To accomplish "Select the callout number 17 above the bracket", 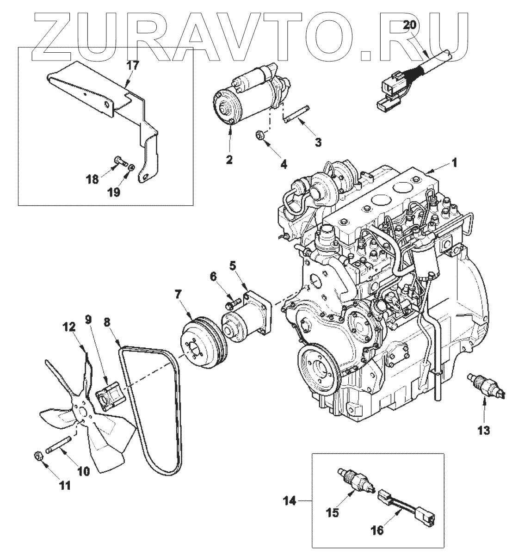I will coord(133,66).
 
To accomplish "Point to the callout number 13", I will coord(484,430).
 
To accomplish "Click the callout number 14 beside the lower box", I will coord(290,500).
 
